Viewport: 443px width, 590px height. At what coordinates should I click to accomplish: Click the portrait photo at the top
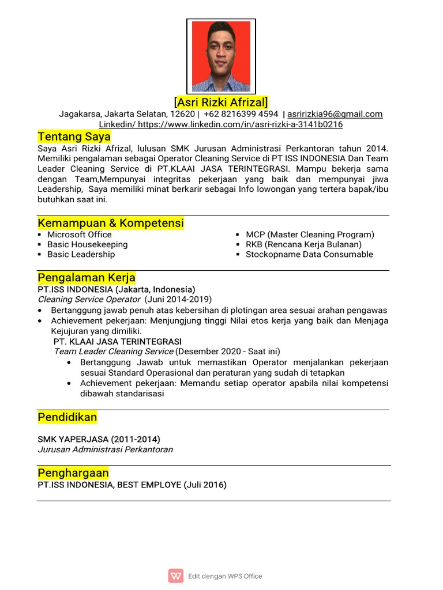point(221,56)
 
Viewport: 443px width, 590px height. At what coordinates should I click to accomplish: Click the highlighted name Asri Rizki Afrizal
point(221,103)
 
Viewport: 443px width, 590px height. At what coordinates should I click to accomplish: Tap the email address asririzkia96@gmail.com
point(335,114)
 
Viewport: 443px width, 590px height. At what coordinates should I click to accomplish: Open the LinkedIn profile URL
point(240,124)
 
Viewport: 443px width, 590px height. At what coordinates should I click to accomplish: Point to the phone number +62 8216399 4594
point(241,114)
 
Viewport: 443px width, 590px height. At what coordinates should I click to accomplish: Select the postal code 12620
point(182,114)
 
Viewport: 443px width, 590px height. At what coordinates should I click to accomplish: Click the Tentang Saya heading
point(74,137)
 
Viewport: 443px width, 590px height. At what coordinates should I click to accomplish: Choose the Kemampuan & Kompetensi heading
point(111,223)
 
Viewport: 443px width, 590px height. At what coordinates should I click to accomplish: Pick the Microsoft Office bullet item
point(80,235)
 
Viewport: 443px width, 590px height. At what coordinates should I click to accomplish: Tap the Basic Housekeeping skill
point(88,244)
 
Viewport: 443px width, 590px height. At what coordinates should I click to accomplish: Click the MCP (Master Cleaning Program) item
point(310,235)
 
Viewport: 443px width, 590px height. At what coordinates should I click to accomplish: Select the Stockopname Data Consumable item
point(309,254)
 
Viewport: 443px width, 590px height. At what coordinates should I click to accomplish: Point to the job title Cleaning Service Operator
point(89,299)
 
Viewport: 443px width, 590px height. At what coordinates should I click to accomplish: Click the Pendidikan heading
point(67,417)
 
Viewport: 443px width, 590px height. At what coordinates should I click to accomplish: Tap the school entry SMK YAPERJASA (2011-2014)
point(99,439)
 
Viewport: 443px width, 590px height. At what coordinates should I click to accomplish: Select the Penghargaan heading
point(73,473)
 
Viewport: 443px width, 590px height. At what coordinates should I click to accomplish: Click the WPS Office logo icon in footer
point(175,576)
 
